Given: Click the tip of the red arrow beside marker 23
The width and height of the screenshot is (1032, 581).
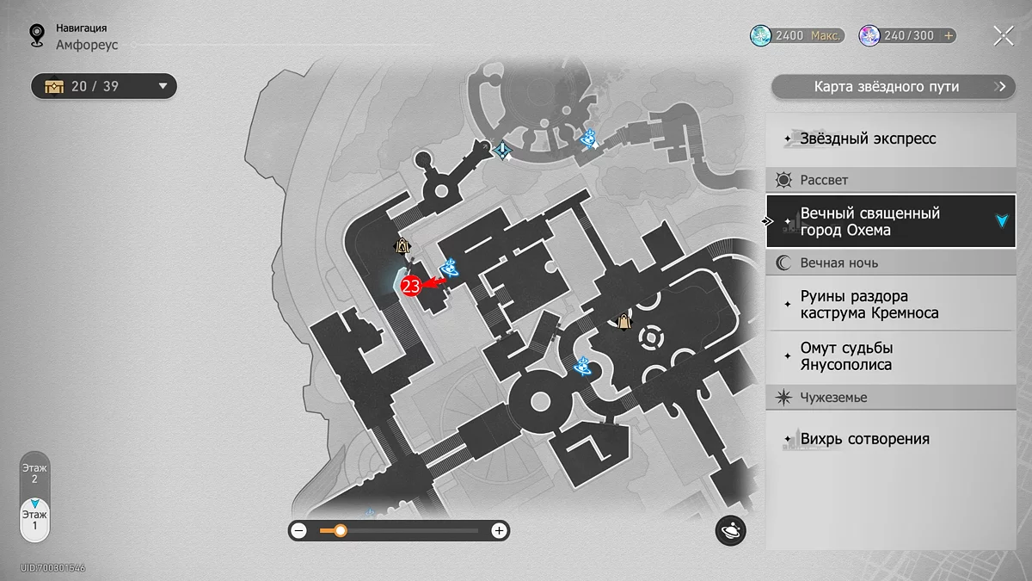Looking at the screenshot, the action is click(422, 285).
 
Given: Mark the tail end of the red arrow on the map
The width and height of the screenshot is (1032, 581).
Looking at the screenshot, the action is click(446, 280).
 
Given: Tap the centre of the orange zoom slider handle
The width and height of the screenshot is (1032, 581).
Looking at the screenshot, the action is click(341, 531).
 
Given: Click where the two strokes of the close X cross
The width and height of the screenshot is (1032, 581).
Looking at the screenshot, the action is click(1004, 36).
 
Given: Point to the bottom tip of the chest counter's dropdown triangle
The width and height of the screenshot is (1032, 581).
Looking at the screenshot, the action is click(163, 89).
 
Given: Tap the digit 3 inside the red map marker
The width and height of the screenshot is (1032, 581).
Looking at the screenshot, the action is click(415, 287).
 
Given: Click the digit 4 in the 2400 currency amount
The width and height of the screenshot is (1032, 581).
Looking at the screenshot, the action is click(783, 35).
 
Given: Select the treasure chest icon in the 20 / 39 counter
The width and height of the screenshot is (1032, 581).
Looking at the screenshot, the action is click(54, 86).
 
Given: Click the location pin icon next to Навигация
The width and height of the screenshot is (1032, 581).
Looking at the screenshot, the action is click(37, 35).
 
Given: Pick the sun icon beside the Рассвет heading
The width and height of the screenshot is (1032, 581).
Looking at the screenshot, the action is click(783, 180).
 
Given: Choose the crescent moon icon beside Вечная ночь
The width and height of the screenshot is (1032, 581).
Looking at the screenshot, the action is click(783, 263).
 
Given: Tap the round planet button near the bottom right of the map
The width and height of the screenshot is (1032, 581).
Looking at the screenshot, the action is click(730, 530).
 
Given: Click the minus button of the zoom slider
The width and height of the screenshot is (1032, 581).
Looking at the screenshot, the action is click(299, 531).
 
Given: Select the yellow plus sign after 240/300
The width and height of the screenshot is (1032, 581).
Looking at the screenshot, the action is click(949, 35).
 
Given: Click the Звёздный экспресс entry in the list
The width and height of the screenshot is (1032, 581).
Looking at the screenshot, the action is click(868, 139).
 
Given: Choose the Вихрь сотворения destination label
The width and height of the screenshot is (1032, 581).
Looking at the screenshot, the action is click(865, 439).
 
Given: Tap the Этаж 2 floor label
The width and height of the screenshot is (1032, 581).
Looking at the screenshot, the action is click(34, 473).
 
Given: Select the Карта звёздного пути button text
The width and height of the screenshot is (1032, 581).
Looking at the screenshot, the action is click(887, 87).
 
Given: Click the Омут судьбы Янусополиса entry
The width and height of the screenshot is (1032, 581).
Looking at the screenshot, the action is click(847, 356).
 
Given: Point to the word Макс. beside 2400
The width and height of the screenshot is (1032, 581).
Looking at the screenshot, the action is click(825, 35).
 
